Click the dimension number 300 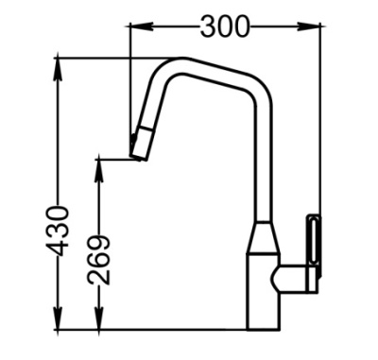tap(225, 27)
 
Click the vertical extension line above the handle tap(319, 123)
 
